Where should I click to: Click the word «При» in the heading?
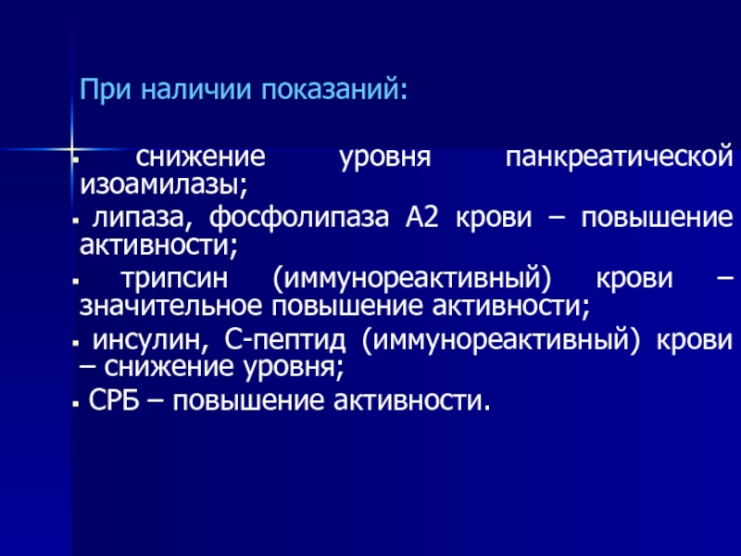105,89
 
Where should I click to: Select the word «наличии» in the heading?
195,89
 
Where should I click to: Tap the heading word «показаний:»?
334,91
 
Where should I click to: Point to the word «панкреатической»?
619,158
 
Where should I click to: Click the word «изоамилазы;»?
164,184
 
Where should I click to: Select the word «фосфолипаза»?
299,219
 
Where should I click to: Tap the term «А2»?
422,218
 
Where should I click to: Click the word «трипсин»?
174,279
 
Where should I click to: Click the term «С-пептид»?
285,340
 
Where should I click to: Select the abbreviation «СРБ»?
114,401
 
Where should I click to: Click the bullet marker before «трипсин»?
75,282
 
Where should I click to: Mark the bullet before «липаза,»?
75,221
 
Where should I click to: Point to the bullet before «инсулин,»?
75,343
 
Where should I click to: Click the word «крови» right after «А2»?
494,219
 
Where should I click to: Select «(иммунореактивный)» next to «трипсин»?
411,279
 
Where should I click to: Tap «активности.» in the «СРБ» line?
412,401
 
